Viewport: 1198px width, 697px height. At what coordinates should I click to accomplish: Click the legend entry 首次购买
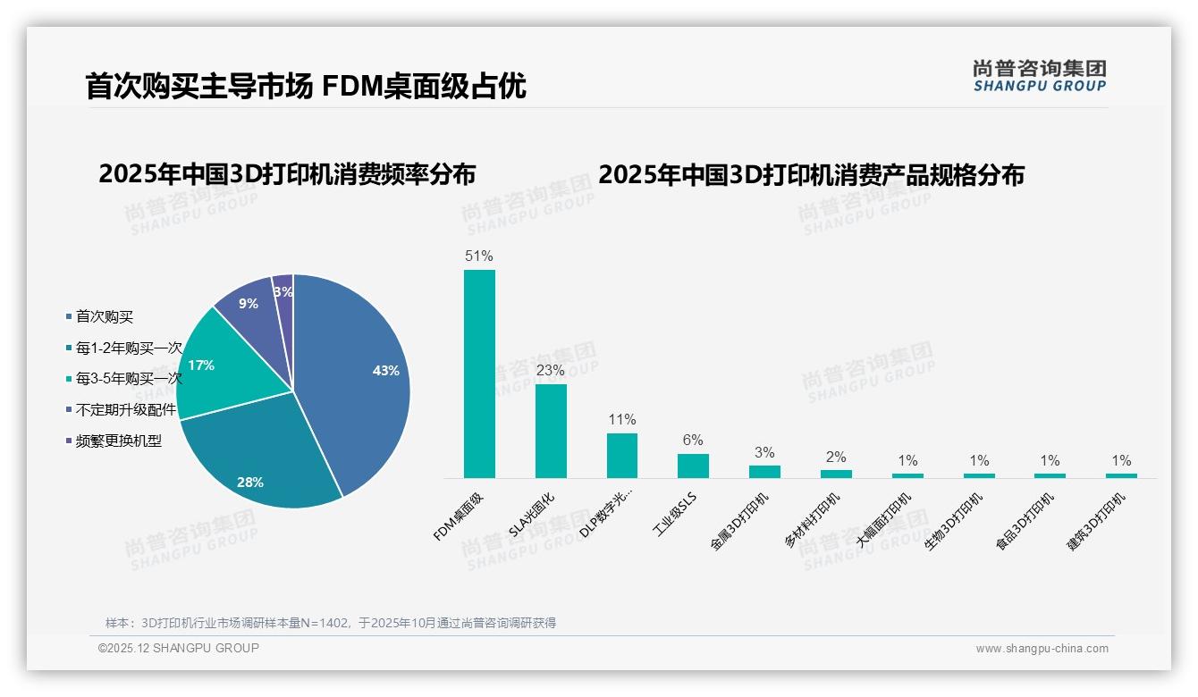click(104, 316)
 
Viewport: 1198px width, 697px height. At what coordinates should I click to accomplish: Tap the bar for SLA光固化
click(551, 431)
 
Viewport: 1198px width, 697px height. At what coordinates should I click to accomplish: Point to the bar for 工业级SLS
click(693, 466)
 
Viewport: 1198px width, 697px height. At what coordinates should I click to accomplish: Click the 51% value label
click(479, 256)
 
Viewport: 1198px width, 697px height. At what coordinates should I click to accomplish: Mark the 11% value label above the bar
click(621, 419)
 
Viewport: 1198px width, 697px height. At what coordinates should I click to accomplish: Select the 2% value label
click(836, 457)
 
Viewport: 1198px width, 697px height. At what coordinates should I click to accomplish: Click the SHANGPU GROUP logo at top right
click(1039, 76)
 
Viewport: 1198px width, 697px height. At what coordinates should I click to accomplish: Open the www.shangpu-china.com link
click(1042, 649)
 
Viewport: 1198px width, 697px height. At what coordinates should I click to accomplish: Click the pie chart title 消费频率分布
click(287, 174)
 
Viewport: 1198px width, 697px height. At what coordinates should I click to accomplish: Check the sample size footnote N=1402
click(331, 623)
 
